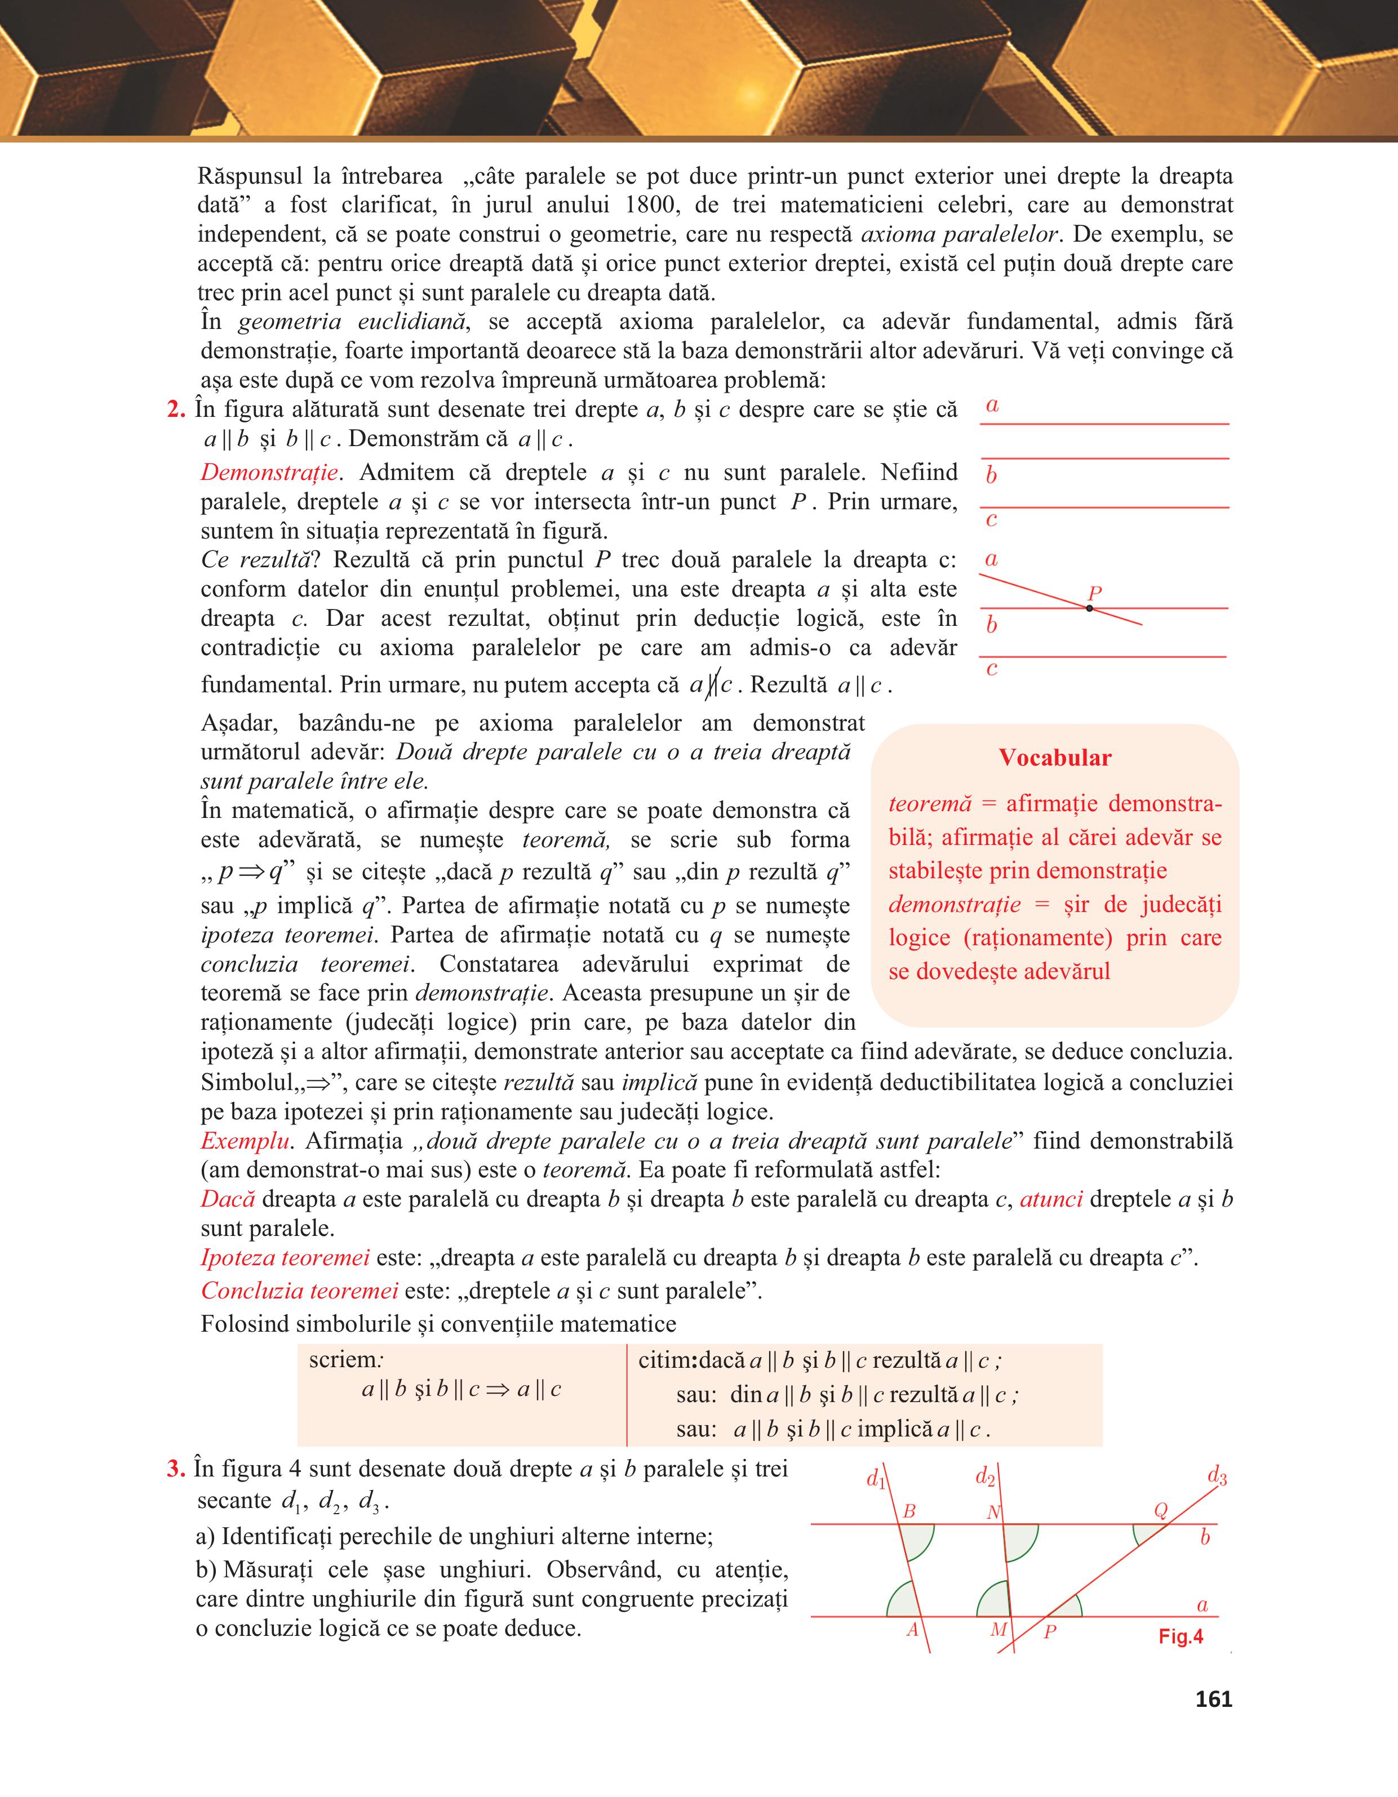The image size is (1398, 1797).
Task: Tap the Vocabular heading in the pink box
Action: pos(1055,758)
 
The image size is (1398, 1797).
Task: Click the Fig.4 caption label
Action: pos(1180,1636)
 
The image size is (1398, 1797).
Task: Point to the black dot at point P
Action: pos(1089,608)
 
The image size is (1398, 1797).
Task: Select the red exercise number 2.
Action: pos(175,409)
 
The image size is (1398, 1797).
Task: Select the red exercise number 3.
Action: pos(175,1469)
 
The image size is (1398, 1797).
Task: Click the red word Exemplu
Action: pos(245,1141)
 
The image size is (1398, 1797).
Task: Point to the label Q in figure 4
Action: pos(1161,1511)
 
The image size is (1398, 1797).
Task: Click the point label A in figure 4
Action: pos(912,1630)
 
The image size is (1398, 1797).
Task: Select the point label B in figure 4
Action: pos(909,1511)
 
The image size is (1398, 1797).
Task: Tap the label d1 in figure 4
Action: pos(876,1479)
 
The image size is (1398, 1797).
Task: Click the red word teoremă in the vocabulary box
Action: pos(930,803)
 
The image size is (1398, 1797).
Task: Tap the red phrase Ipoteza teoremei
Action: pos(285,1257)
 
